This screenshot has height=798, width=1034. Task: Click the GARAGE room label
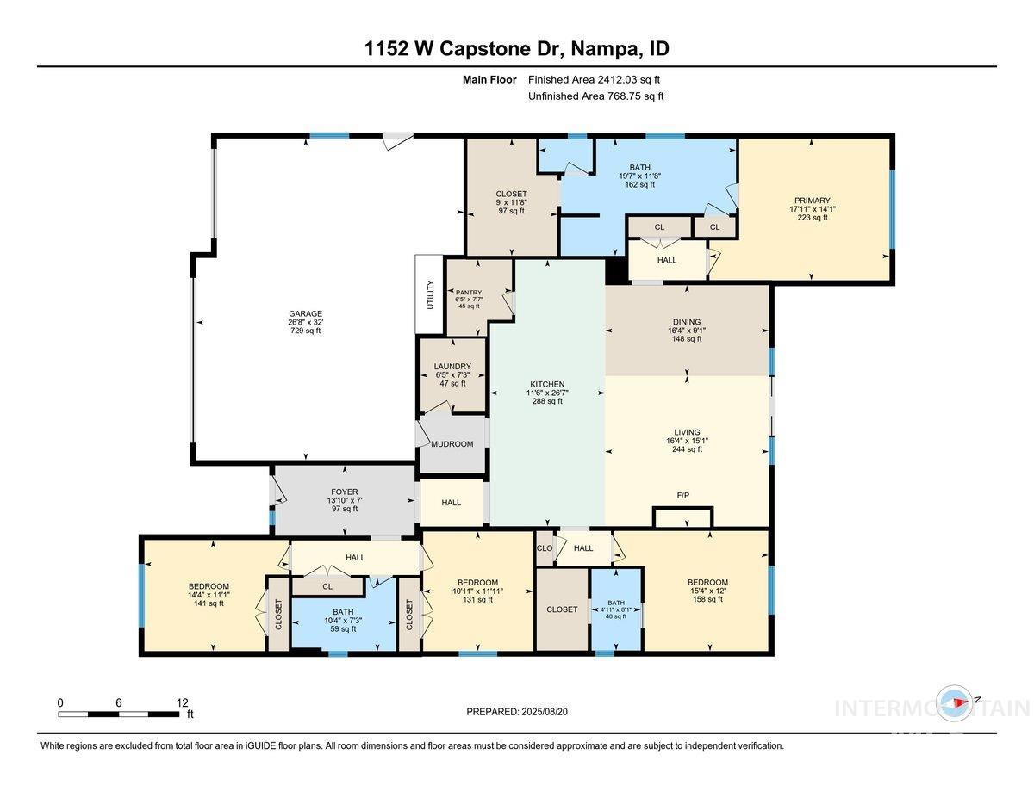pyautogui.click(x=304, y=313)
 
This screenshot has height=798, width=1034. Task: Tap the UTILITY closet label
pyautogui.click(x=430, y=294)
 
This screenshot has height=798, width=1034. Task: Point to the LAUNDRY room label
pyautogui.click(x=453, y=366)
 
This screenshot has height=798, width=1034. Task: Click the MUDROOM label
pyautogui.click(x=452, y=444)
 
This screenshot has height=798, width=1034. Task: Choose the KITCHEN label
pyautogui.click(x=547, y=384)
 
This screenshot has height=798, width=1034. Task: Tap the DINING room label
pyautogui.click(x=687, y=320)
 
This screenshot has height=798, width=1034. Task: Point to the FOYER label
pyautogui.click(x=344, y=492)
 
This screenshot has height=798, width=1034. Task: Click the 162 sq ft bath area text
pyautogui.click(x=639, y=184)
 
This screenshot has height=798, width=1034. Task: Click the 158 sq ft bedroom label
pyautogui.click(x=707, y=599)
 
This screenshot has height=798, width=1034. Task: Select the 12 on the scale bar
pyautogui.click(x=182, y=702)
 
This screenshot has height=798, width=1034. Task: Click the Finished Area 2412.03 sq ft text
pyautogui.click(x=595, y=80)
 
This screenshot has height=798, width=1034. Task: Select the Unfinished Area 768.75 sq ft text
pyautogui.click(x=595, y=96)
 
